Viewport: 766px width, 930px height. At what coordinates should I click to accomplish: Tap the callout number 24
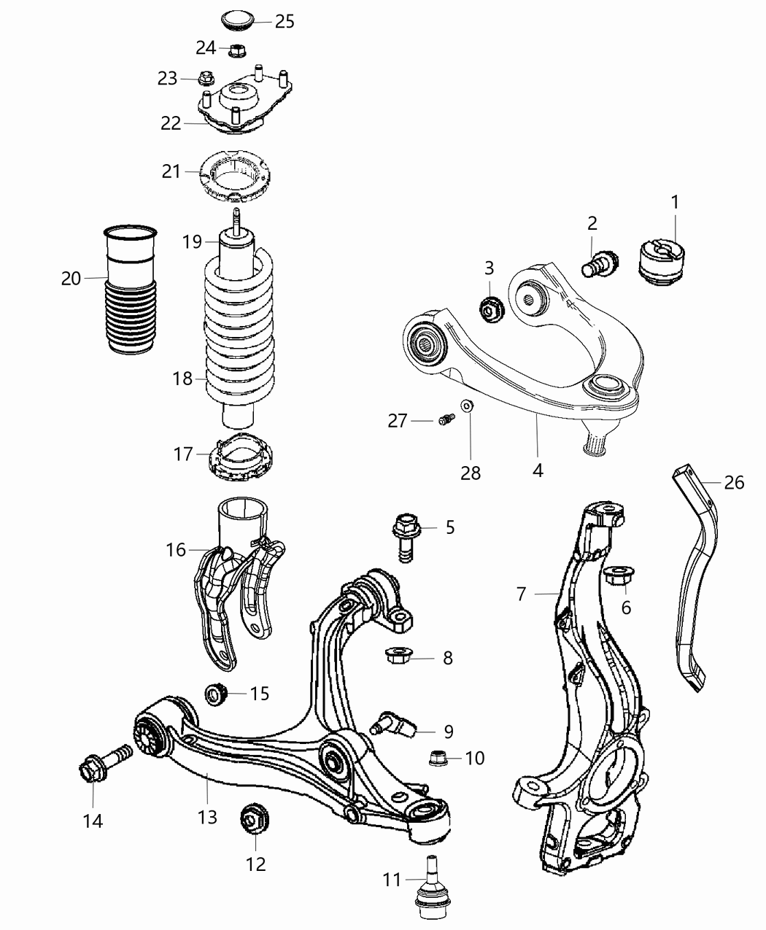(x=206, y=48)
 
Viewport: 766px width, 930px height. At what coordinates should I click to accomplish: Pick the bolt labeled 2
(x=600, y=263)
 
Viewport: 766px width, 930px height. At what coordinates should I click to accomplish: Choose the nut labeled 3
(x=489, y=308)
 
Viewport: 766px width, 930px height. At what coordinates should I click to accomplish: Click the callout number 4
(x=538, y=470)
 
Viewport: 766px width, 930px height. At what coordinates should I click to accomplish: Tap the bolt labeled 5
(x=405, y=538)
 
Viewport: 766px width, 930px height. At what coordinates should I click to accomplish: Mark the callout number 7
(x=522, y=594)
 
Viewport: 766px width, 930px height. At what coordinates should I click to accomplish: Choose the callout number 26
(x=735, y=482)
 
